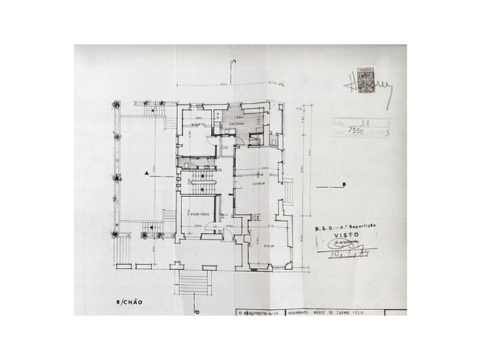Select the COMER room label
pyautogui.click(x=259, y=183)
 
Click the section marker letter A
pyautogui.click(x=147, y=174)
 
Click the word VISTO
pyautogui.click(x=346, y=240)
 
